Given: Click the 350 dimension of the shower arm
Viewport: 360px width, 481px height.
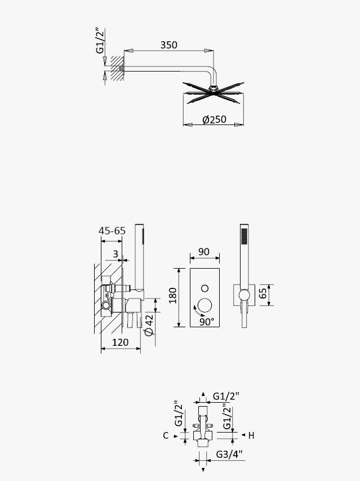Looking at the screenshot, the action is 169,45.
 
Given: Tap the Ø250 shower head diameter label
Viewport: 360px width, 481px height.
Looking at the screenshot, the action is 214,119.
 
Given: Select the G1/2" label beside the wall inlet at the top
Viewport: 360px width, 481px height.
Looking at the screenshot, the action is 101,41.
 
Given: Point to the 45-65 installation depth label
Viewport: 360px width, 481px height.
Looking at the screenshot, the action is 112,231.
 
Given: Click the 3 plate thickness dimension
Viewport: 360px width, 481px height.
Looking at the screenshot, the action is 115,254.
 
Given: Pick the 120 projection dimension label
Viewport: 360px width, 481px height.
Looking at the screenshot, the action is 121,342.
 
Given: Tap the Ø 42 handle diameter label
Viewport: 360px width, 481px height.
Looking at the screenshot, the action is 149,324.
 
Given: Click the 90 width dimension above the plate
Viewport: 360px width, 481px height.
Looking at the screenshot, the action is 204,252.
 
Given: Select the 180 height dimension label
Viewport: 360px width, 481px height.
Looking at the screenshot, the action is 173,295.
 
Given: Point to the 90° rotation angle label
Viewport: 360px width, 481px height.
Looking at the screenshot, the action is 207,322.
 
